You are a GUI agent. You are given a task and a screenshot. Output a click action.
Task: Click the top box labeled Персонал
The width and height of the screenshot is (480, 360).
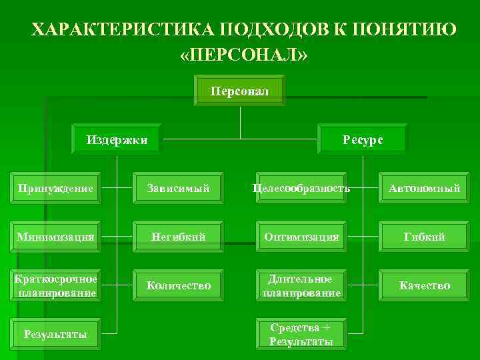tap(239, 91)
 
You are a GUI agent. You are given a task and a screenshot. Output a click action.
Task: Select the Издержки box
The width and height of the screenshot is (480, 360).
tap(117, 140)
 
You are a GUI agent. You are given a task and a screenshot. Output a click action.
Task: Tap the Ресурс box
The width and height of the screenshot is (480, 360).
tap(363, 140)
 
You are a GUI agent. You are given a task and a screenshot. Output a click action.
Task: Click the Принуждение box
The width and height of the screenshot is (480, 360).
tap(57, 189)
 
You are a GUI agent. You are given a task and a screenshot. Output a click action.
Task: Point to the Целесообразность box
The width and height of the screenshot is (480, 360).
tap(301, 189)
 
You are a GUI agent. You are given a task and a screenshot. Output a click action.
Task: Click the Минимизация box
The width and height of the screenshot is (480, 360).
tap(57, 237)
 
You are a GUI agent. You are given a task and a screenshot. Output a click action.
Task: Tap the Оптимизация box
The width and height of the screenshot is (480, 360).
tap(301, 237)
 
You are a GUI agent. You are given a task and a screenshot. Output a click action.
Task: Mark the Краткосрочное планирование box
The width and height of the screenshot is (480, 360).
tap(57, 285)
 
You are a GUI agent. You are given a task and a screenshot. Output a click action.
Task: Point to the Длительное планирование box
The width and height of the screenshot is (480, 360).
tap(301, 285)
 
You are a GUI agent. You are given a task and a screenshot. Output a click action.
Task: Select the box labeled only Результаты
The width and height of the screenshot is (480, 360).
tap(57, 334)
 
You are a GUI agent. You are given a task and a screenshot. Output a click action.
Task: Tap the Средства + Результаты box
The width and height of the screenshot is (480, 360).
tap(301, 334)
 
